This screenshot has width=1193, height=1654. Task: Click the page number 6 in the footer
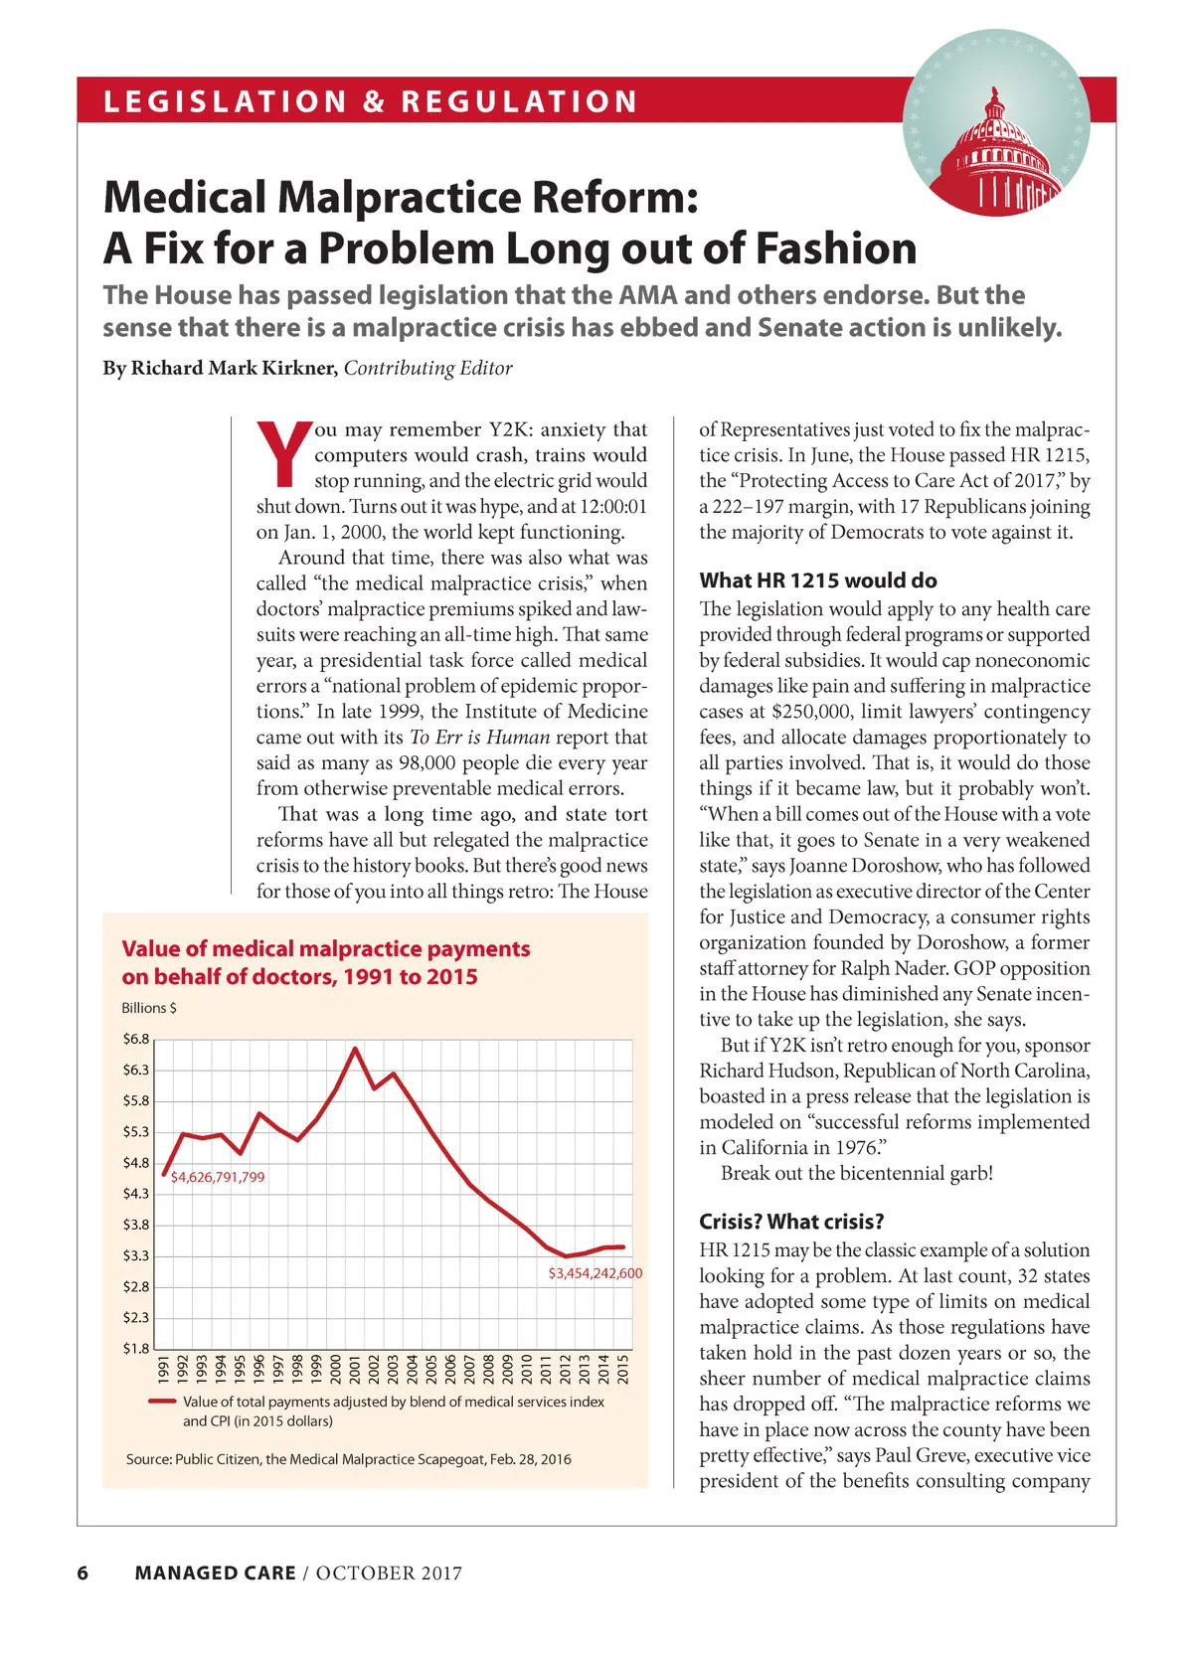(x=83, y=1572)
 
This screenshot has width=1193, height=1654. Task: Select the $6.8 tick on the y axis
(x=136, y=1039)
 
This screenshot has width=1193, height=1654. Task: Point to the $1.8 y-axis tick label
(x=136, y=1348)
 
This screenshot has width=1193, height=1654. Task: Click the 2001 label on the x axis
(x=355, y=1368)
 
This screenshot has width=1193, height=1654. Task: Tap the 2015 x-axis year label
(x=623, y=1368)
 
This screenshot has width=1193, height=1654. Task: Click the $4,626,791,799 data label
(x=218, y=1177)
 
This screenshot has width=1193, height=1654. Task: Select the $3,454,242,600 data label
(x=595, y=1272)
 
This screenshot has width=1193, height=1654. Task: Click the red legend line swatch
(x=162, y=1402)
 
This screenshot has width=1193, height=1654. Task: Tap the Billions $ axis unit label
(x=149, y=1007)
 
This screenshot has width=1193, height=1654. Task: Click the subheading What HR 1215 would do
(x=817, y=579)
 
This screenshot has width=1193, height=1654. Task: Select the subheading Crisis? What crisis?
(x=791, y=1221)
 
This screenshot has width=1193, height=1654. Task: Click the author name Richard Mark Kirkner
(x=235, y=368)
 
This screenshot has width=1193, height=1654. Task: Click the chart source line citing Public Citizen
(x=348, y=1459)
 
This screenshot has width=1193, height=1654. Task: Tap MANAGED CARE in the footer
(x=215, y=1572)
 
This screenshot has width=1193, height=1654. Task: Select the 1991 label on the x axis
(x=163, y=1368)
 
